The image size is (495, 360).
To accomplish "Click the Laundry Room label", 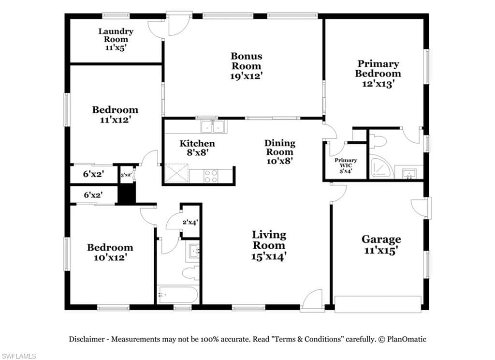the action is pyautogui.click(x=116, y=35).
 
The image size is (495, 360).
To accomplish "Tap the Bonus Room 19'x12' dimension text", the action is pyautogui.click(x=247, y=76).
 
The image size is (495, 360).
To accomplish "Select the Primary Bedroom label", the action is pyautogui.click(x=378, y=69).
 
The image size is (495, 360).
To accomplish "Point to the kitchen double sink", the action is pyautogui.click(x=213, y=127).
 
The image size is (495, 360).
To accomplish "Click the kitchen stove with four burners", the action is pyautogui.click(x=211, y=176).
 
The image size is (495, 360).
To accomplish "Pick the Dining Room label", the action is pyautogui.click(x=280, y=147).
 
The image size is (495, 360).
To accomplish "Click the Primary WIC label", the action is pyautogui.click(x=346, y=163).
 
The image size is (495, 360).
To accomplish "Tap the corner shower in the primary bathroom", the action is pyautogui.click(x=381, y=166).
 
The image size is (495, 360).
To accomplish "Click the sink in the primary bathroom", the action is pyautogui.click(x=409, y=174).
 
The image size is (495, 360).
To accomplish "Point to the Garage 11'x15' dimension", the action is pyautogui.click(x=381, y=250).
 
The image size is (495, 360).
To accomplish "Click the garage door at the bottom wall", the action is pyautogui.click(x=378, y=304).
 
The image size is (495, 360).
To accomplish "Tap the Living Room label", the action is pyautogui.click(x=269, y=240).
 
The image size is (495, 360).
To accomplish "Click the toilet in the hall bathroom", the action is pyautogui.click(x=191, y=272).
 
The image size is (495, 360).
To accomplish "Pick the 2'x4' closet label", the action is pyautogui.click(x=190, y=222).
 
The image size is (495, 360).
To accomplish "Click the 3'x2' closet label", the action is pyautogui.click(x=126, y=175).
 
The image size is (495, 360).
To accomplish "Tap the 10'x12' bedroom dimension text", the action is pyautogui.click(x=110, y=257).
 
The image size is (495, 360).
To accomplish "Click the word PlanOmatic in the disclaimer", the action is pyautogui.click(x=407, y=339).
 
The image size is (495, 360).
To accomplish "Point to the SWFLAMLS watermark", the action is pyautogui.click(x=18, y=356).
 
